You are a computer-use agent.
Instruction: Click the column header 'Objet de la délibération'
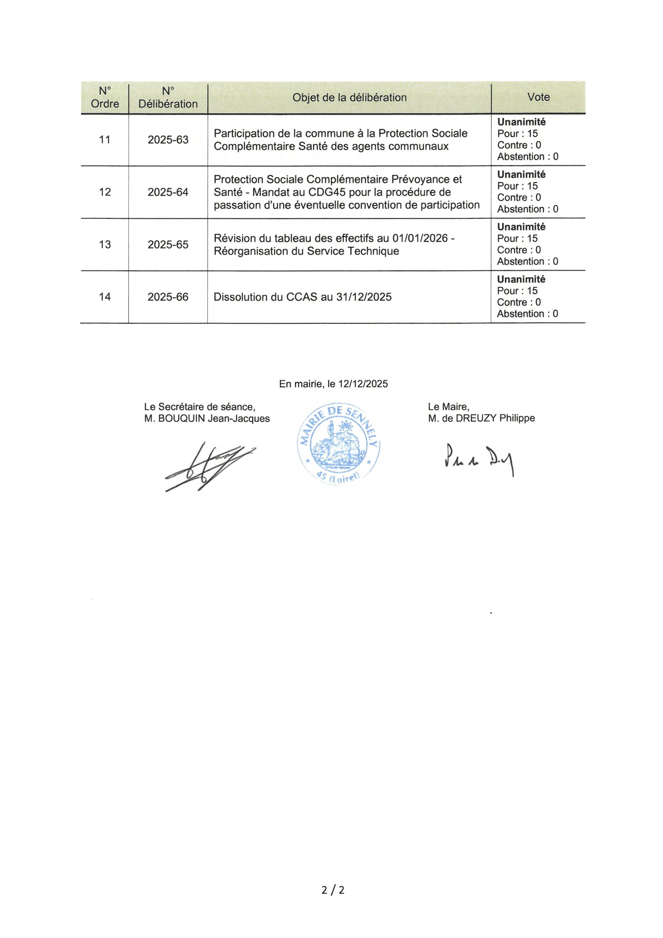click(349, 97)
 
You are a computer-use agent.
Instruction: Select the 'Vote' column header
click(538, 97)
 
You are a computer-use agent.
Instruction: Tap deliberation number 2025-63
click(168, 140)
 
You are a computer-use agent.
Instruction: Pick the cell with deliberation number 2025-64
click(168, 192)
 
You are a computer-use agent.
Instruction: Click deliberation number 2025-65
click(168, 244)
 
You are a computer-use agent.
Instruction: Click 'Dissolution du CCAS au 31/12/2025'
click(302, 297)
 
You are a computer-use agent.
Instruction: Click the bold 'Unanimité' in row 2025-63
click(521, 122)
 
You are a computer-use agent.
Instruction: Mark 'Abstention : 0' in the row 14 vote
click(527, 314)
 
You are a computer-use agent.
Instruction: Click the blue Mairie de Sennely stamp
click(339, 444)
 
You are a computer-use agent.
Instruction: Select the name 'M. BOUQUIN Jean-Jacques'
click(207, 419)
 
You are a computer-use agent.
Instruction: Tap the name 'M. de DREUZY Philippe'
click(481, 418)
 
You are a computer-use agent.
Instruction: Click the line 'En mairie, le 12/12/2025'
click(333, 384)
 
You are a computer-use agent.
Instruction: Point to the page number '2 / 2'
click(333, 890)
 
